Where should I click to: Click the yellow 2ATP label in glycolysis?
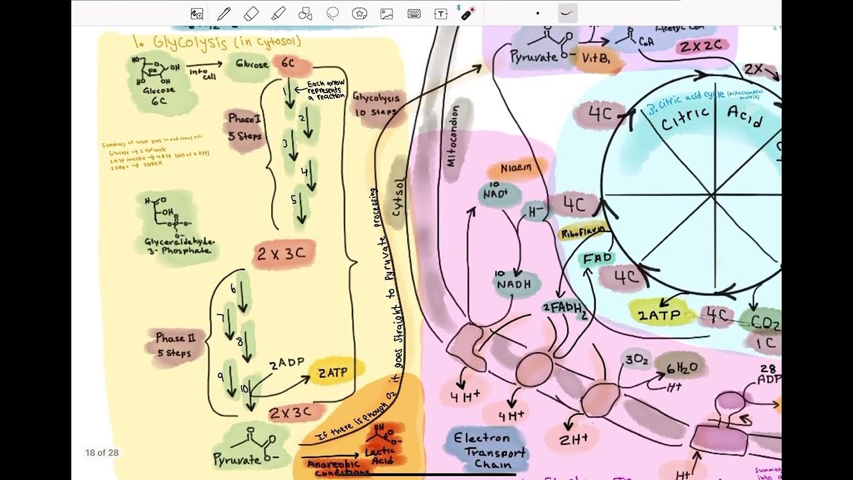click(x=332, y=372)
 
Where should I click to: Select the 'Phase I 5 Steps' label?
click(x=245, y=127)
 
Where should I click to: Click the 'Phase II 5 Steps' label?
click(x=174, y=345)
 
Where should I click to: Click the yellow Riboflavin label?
click(x=583, y=232)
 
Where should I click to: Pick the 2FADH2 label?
click(x=565, y=309)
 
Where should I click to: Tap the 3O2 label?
click(x=636, y=359)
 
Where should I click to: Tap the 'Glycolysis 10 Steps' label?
click(x=377, y=105)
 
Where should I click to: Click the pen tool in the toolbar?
click(x=224, y=13)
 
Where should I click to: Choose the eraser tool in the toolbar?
click(x=251, y=13)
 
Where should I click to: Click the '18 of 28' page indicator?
click(x=102, y=453)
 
